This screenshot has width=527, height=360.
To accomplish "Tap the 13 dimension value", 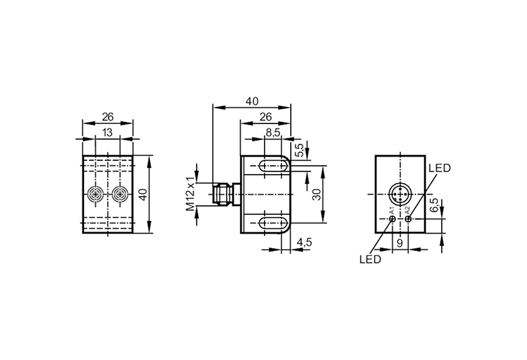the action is [107, 133].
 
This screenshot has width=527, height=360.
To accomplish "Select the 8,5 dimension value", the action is [273, 133].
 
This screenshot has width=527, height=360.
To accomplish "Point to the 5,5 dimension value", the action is [299, 150].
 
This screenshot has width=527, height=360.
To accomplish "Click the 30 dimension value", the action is [316, 194].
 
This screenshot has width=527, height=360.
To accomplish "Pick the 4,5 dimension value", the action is [305, 242].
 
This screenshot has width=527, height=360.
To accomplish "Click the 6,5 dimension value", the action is [434, 205].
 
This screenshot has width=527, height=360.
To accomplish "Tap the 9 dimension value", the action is [400, 243].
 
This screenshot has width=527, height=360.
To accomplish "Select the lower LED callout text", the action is [370, 259].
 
